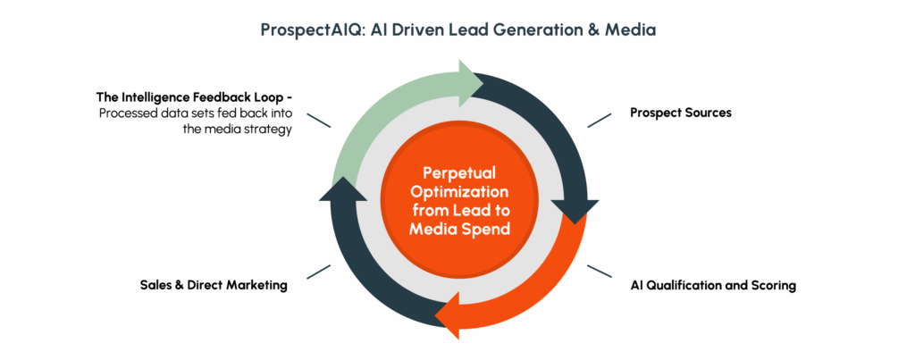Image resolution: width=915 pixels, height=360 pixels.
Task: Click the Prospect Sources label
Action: (680, 113)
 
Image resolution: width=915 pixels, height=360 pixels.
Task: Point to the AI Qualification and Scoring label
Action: (713, 286)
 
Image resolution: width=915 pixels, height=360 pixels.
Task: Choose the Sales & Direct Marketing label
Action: (214, 285)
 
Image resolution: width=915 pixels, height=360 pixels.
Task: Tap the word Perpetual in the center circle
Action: (458, 172)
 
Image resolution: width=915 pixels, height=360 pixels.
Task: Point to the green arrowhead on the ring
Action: (472, 83)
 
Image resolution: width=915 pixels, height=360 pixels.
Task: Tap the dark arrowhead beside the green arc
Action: (343, 188)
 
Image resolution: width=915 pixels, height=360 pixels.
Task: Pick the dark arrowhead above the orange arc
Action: (575, 212)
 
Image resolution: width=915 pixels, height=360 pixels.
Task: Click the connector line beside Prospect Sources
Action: (600, 121)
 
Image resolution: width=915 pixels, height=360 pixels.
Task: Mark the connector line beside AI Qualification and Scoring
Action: (600, 272)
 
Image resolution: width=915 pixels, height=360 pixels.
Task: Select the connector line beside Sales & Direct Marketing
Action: (319, 272)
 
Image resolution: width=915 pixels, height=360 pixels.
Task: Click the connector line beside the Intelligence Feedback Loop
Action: (319, 121)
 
